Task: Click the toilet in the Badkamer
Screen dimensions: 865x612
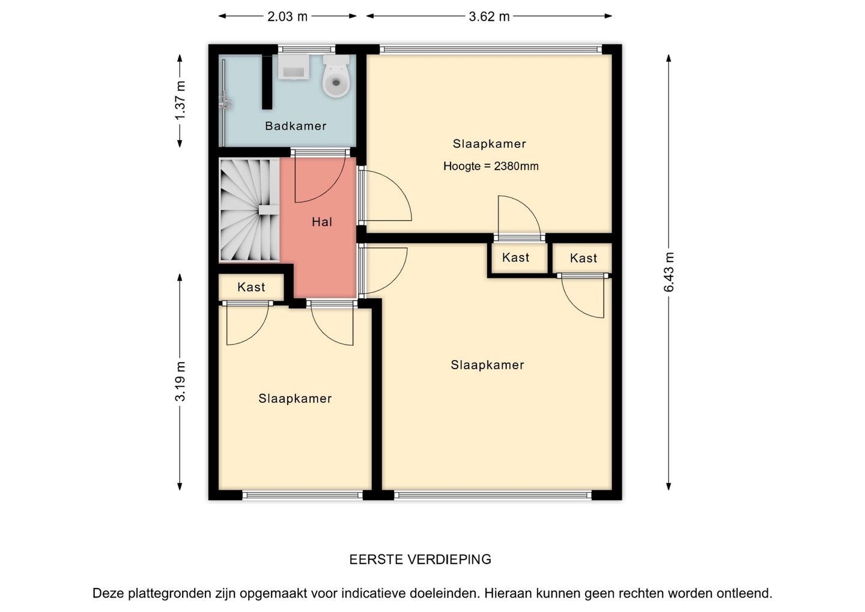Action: point(336,76)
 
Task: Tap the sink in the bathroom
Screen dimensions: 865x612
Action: point(294,67)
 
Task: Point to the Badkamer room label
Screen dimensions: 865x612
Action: point(296,126)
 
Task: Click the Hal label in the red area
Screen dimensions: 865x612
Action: point(322,222)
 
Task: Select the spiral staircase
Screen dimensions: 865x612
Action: point(249,210)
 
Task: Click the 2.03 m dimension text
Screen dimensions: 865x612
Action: point(287,17)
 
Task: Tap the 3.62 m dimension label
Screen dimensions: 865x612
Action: point(489,17)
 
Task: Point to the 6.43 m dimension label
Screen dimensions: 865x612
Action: point(669,272)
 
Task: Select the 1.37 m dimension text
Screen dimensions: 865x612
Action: point(180,100)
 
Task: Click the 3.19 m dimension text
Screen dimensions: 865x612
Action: point(180,382)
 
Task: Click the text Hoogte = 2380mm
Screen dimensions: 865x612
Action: point(491,167)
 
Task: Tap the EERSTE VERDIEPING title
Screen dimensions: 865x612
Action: point(420,560)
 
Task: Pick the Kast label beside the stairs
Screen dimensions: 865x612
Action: point(251,287)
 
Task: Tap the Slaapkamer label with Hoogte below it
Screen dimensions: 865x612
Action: point(489,144)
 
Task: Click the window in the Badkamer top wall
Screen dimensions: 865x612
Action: point(306,49)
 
